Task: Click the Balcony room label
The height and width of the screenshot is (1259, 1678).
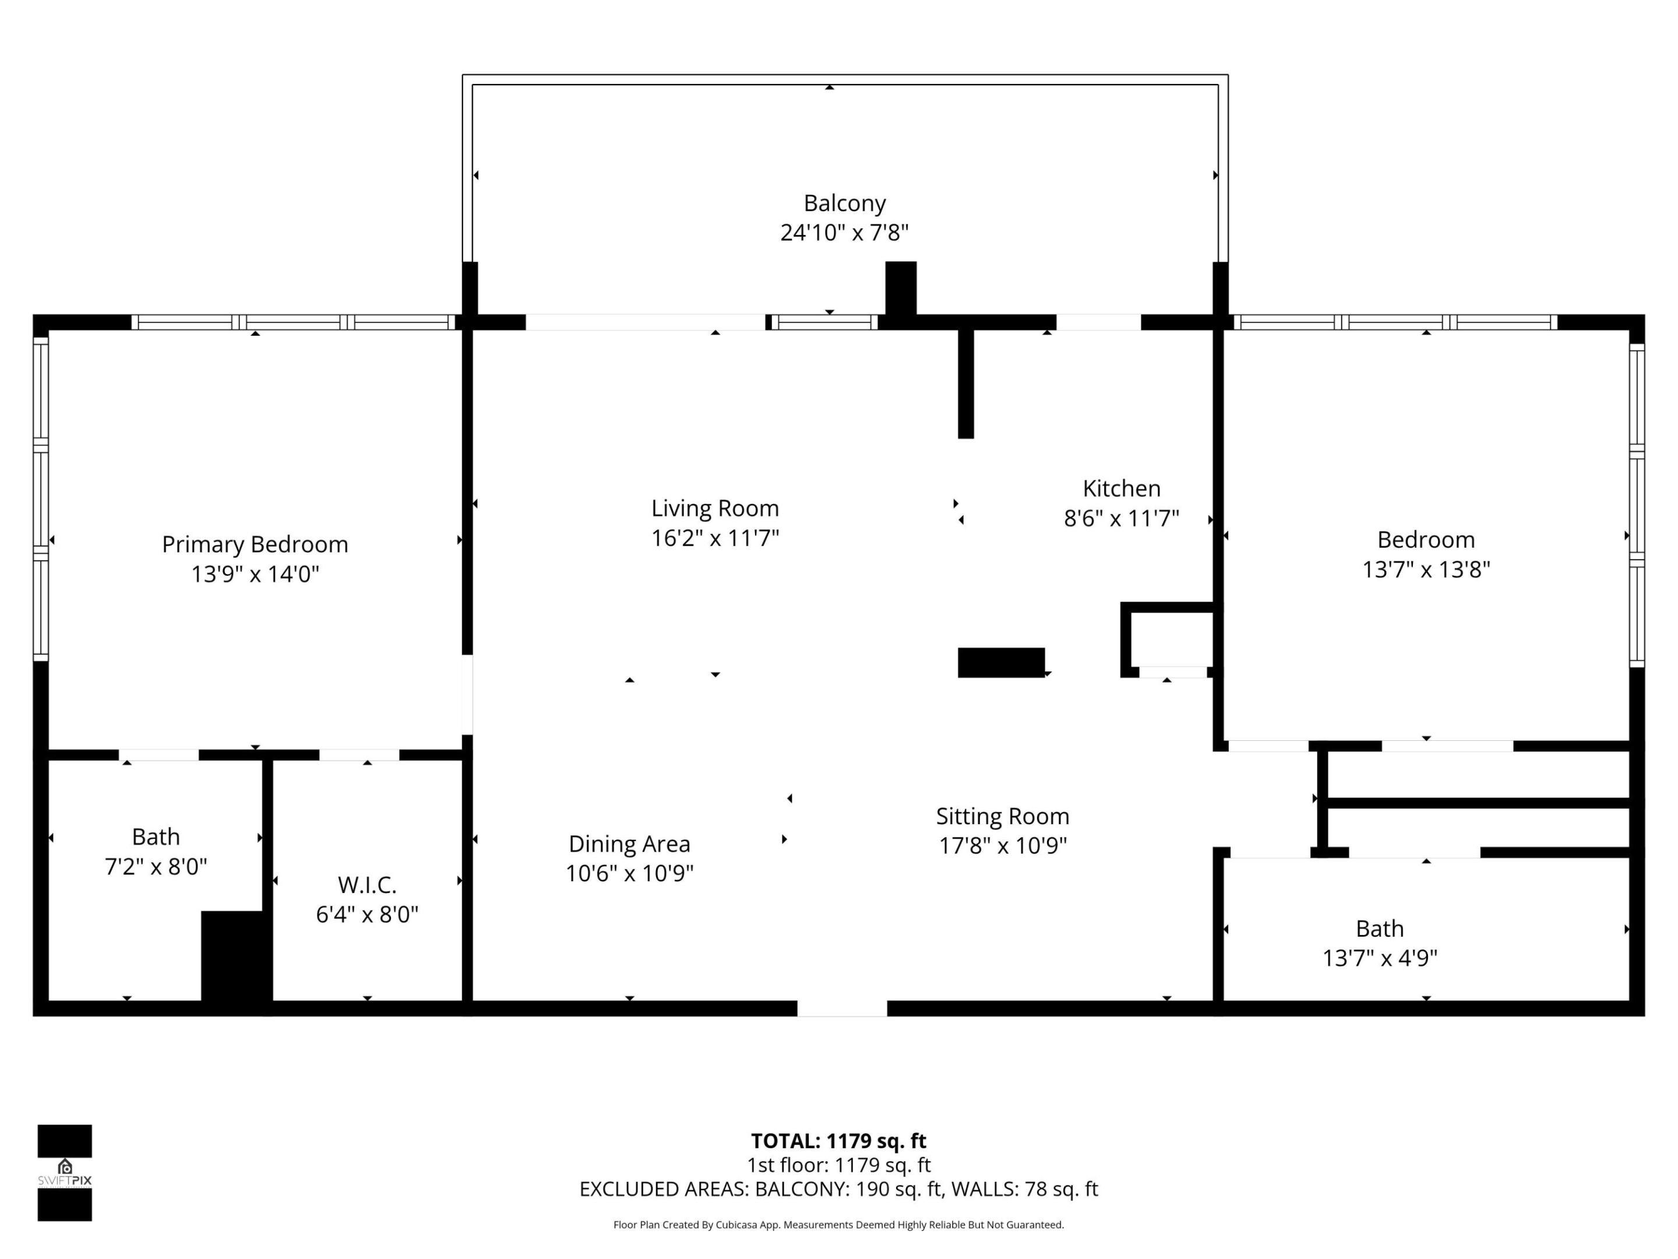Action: pyautogui.click(x=844, y=203)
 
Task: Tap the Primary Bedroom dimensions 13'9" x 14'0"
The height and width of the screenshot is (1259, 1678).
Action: pyautogui.click(x=255, y=574)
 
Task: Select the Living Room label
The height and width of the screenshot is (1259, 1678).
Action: pyautogui.click(x=714, y=508)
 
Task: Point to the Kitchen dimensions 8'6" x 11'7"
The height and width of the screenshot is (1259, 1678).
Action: pyautogui.click(x=1121, y=518)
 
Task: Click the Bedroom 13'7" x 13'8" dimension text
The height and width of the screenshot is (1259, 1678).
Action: pyautogui.click(x=1425, y=569)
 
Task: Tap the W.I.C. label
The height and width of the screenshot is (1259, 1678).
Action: pyautogui.click(x=367, y=885)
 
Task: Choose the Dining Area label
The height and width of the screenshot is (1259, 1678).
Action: pyautogui.click(x=629, y=844)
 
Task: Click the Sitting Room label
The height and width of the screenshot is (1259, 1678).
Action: pyautogui.click(x=1002, y=817)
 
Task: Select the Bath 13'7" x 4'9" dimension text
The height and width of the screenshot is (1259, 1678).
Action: pyautogui.click(x=1379, y=958)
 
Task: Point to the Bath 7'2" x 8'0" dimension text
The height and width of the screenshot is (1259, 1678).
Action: pyautogui.click(x=156, y=867)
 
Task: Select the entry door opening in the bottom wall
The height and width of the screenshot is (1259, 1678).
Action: pyautogui.click(x=841, y=1008)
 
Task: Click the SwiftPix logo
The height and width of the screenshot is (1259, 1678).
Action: pyautogui.click(x=65, y=1173)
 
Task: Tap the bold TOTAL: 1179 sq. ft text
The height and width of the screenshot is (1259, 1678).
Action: pyautogui.click(x=838, y=1141)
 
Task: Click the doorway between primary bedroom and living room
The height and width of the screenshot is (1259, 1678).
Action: pyautogui.click(x=467, y=694)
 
